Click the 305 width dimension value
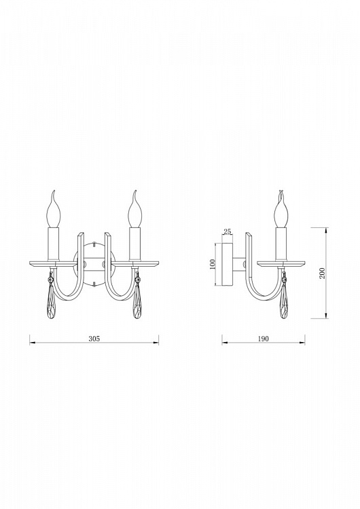coord(94,338)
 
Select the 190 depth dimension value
coord(263,339)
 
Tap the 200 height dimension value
coord(322,274)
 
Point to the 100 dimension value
coord(213,264)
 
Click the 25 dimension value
coord(228,231)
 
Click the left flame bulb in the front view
coord(54,210)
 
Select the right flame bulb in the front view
coord(134,210)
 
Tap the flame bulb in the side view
coord(281,210)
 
